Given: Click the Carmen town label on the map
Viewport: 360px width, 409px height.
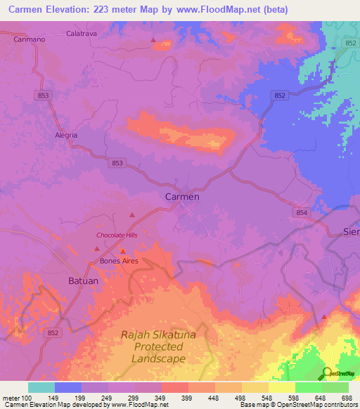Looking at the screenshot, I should click(182, 197).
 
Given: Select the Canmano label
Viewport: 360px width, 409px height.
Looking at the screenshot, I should click(30, 39).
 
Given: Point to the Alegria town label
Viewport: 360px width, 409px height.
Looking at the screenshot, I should click(66, 135).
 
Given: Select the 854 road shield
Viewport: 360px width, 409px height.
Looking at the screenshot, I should click(302, 212).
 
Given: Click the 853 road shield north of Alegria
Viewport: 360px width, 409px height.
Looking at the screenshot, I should click(44, 96).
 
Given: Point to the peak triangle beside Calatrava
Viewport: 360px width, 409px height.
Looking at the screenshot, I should click(153, 40).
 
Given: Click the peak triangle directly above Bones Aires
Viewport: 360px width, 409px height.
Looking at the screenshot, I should click(122, 251).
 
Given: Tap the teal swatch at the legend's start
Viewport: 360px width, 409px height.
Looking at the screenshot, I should click(41, 387).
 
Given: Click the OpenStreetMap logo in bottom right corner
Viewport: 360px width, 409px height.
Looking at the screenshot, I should click(337, 373).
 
